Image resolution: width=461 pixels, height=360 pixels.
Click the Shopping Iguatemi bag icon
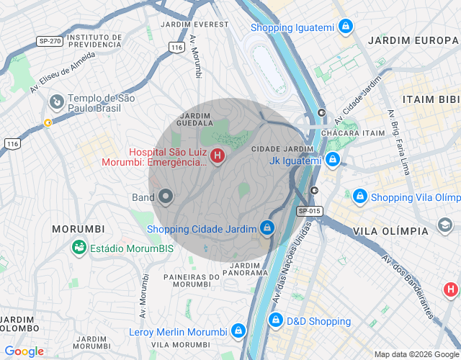point(346,27)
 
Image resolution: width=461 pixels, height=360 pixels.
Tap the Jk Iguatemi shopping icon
point(332,160)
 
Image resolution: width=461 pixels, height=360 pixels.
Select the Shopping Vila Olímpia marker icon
point(359,197)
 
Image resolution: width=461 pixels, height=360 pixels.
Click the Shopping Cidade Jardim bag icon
point(267,228)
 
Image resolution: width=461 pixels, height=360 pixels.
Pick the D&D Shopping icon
point(275,320)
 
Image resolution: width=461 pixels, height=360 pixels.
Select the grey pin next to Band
point(166,196)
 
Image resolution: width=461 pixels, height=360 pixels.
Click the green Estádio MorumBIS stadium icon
point(79,248)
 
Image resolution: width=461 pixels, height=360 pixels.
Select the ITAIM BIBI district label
point(431,99)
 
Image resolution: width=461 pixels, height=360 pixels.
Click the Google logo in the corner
point(24,351)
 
